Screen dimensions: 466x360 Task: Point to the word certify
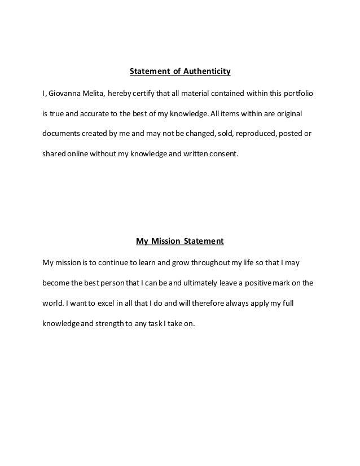tap(147, 93)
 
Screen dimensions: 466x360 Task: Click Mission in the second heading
tap(164, 241)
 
